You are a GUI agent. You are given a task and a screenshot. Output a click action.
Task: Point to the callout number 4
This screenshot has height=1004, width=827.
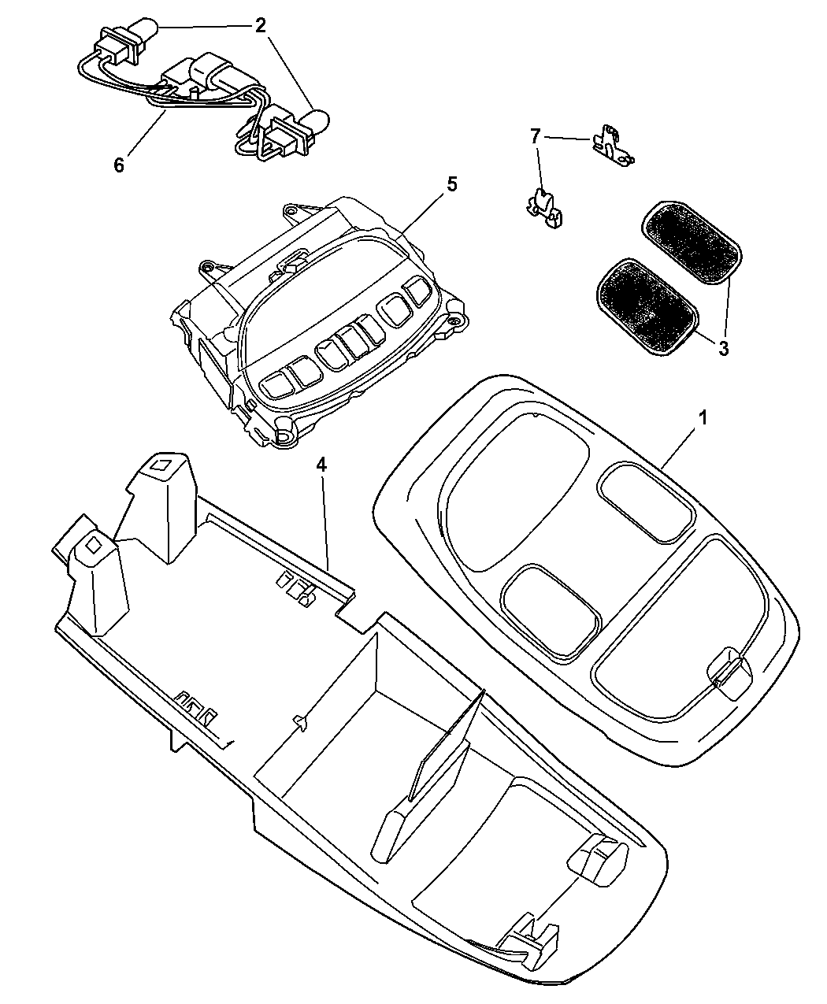321,465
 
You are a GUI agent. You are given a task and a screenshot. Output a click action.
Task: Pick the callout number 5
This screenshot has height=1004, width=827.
451,184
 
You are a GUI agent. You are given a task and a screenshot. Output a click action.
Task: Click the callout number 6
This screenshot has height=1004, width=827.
119,165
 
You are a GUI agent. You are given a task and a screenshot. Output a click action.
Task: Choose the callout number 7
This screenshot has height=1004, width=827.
536,136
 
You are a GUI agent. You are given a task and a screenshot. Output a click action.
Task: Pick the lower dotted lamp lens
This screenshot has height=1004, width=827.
647,307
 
